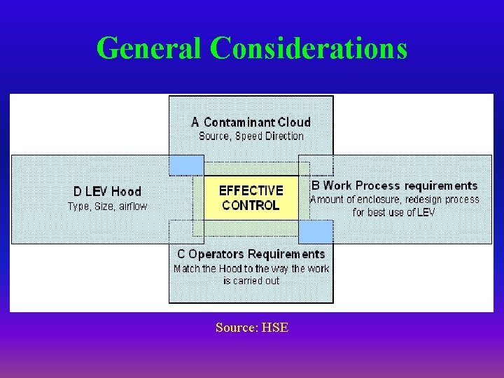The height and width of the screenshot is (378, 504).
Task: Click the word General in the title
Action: [x=149, y=48]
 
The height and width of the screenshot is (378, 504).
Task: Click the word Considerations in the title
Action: [x=308, y=48]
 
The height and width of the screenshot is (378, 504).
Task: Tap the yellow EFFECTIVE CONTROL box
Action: [x=251, y=197]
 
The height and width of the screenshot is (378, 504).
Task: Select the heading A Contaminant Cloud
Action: [x=251, y=122]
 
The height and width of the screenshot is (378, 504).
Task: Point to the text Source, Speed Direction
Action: [x=251, y=136]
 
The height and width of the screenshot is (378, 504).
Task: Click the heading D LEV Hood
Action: [x=107, y=191]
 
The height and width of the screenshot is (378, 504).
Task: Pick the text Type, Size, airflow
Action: [x=107, y=206]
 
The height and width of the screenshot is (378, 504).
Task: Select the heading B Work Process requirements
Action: [x=394, y=185]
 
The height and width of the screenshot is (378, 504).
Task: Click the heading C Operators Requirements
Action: [x=251, y=254]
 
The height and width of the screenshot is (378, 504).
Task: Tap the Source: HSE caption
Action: [x=251, y=327]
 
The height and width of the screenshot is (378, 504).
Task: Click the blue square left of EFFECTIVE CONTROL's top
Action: [x=186, y=165]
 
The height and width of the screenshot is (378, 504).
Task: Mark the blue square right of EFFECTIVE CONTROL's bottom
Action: [x=316, y=232]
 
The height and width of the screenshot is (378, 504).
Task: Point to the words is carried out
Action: [x=251, y=281]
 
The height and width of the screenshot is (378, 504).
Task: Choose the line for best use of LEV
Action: [x=394, y=212]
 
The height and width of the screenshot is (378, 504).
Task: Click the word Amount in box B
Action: [x=327, y=199]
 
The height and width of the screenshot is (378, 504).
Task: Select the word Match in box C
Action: [x=188, y=268]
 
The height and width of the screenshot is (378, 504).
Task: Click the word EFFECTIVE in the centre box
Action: [x=251, y=190]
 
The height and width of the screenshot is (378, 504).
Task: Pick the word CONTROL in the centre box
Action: [x=251, y=205]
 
